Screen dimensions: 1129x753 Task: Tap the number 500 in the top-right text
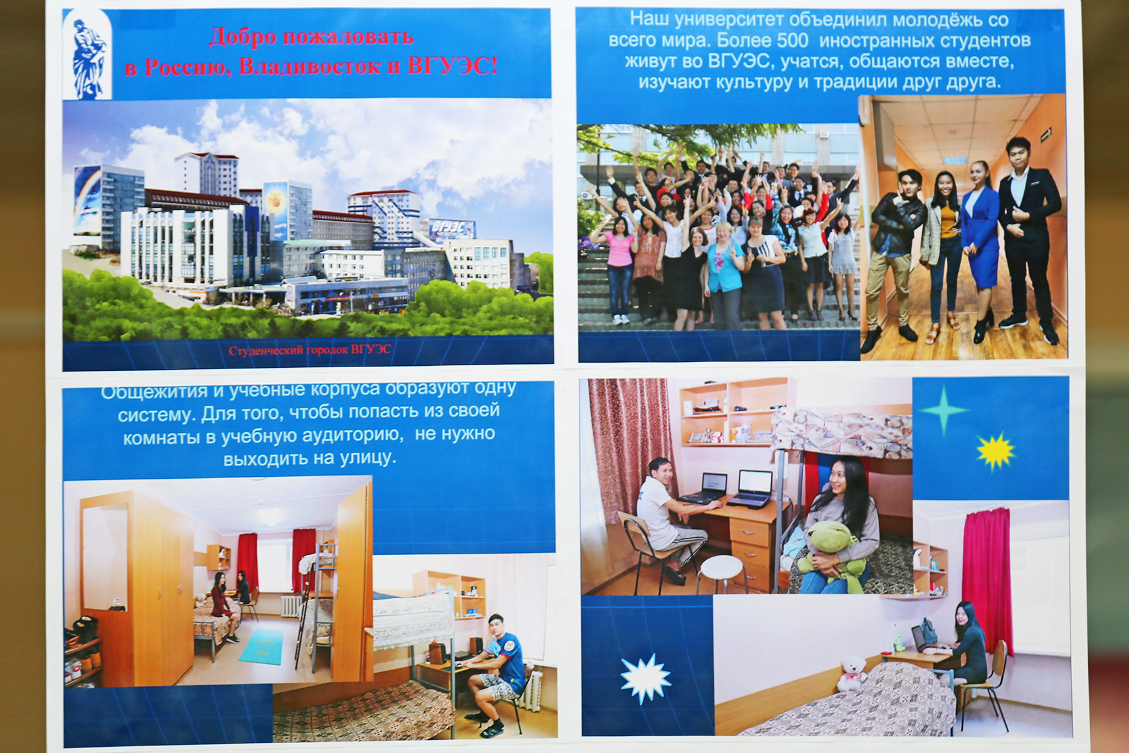[792, 41]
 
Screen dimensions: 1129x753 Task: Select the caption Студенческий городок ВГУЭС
[309, 350]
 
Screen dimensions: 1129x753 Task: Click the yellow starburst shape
[995, 451]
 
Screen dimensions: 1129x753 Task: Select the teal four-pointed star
[943, 410]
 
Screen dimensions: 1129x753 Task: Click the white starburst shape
[645, 678]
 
